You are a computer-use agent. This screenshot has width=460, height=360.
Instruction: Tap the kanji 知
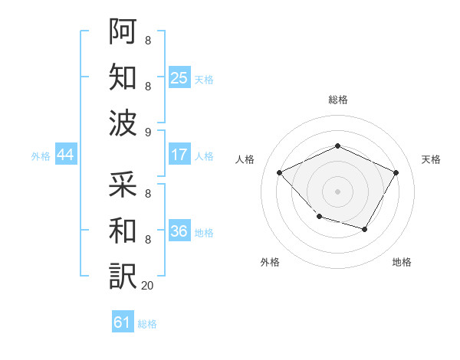[x=123, y=77]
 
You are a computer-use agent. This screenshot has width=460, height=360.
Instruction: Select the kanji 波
[x=123, y=123]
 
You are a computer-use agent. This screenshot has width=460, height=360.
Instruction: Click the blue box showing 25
[x=179, y=77]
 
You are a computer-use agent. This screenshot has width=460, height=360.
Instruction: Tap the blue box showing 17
[x=179, y=155]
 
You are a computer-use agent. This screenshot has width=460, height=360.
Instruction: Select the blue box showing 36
[x=179, y=231]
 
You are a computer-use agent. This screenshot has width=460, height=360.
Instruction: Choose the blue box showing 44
[x=65, y=155]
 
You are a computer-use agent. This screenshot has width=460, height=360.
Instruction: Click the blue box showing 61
[x=123, y=322]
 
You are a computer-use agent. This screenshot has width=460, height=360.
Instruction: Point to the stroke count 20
[x=147, y=286]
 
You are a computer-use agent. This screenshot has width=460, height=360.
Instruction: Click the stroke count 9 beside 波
[x=147, y=133]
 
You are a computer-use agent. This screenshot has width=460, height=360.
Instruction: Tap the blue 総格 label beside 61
[x=147, y=324]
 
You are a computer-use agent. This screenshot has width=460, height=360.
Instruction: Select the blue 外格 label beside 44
[x=41, y=156]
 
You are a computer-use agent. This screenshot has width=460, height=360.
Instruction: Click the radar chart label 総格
[x=338, y=100]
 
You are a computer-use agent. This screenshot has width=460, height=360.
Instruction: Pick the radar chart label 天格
[x=431, y=159]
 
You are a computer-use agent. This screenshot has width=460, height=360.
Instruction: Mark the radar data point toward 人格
[x=280, y=173]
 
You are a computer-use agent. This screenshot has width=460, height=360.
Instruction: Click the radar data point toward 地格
[x=365, y=230]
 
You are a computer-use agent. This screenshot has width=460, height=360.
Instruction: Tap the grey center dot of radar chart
[x=337, y=191]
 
